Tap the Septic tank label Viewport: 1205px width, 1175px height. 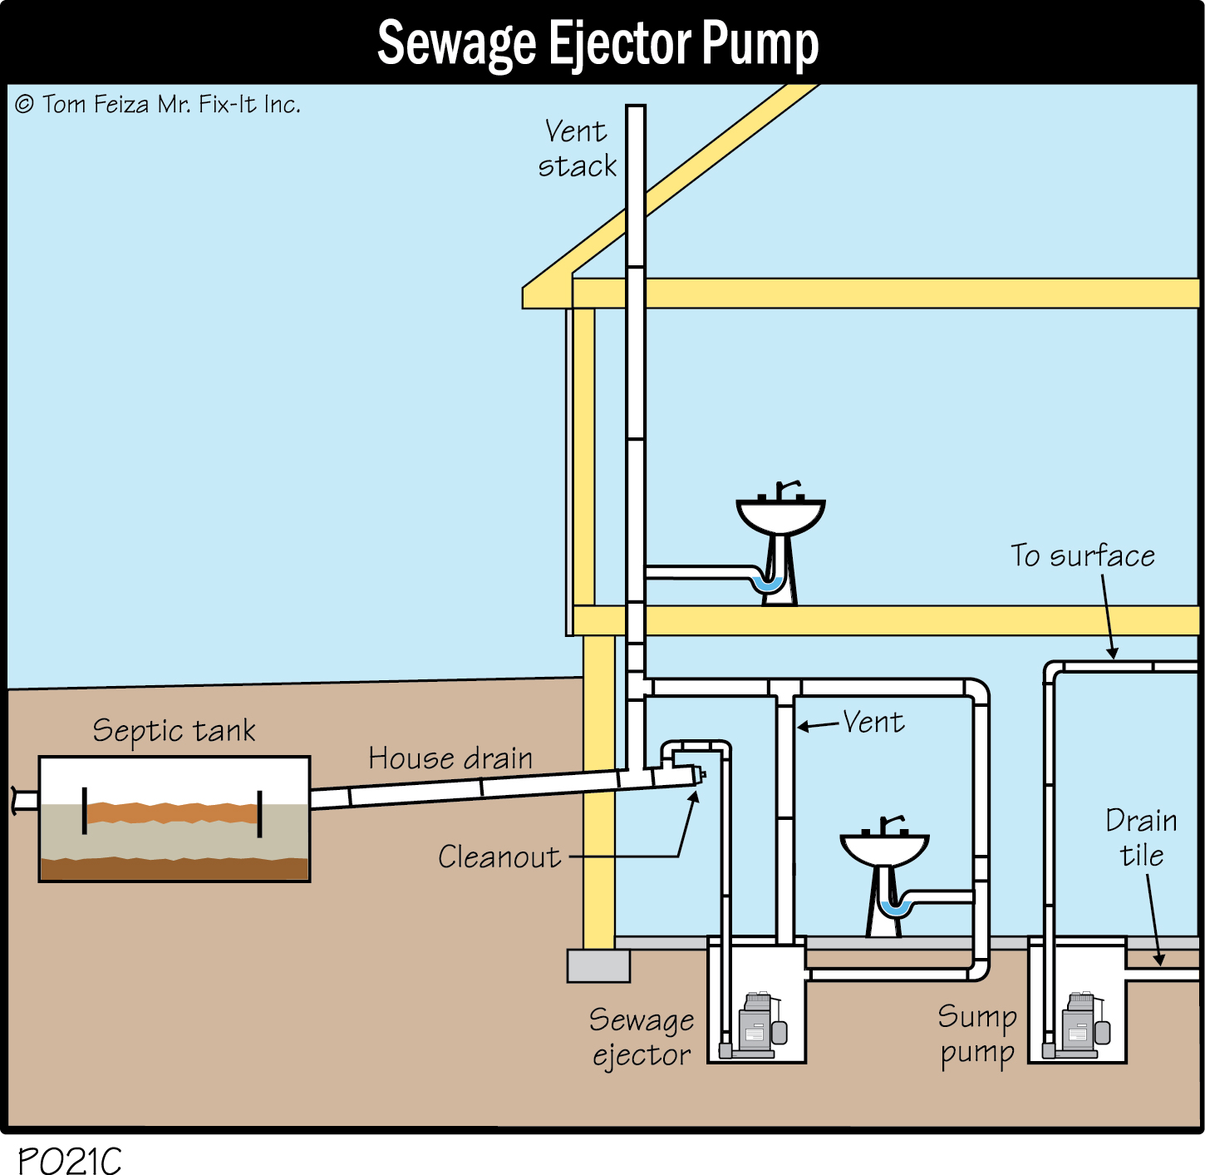tap(174, 730)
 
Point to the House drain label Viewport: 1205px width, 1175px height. tap(450, 758)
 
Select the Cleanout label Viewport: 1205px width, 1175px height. tap(499, 857)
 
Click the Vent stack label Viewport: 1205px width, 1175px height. tap(577, 149)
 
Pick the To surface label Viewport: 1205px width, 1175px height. tap(1082, 555)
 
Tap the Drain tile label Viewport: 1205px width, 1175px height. tap(1141, 838)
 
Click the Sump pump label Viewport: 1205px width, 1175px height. tap(977, 1035)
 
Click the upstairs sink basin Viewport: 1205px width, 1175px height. tap(780, 515)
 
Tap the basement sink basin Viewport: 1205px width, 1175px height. tap(884, 850)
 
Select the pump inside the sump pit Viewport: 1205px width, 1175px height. tap(1081, 1025)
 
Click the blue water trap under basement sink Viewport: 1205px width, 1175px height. tap(896, 909)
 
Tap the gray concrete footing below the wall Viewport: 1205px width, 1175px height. tap(598, 965)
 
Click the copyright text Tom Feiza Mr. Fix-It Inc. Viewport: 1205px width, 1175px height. tap(157, 104)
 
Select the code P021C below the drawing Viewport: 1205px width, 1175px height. tap(69, 1159)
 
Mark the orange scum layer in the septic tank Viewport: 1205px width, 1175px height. tap(172, 812)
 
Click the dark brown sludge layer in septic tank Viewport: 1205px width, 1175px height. tap(174, 869)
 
